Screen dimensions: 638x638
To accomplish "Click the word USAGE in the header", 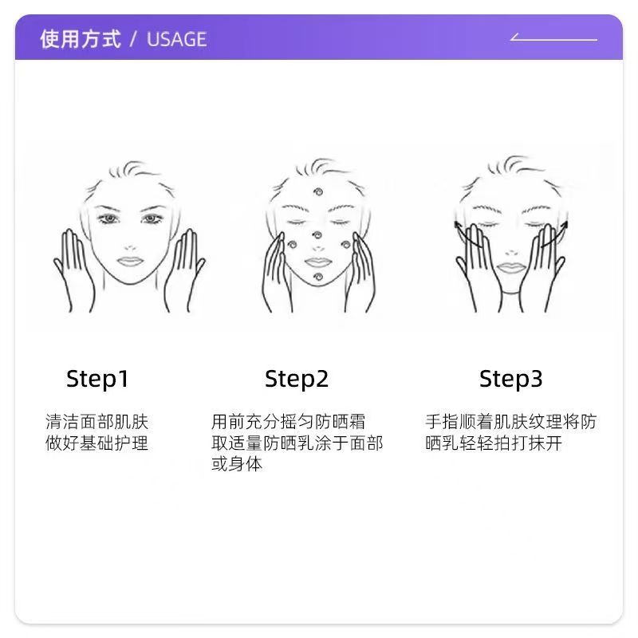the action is (x=176, y=39).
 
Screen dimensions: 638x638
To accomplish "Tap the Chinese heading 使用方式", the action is (x=81, y=39).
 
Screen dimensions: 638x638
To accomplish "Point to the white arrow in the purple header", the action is (x=553, y=37).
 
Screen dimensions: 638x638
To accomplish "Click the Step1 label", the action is (x=97, y=380).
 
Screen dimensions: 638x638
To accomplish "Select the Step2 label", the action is (x=296, y=380).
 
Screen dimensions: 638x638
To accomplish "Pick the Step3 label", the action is (x=510, y=380).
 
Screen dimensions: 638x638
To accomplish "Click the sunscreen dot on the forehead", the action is (x=317, y=191).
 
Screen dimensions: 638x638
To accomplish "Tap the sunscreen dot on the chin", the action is (x=318, y=278).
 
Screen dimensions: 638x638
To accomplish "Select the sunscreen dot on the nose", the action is (x=317, y=235).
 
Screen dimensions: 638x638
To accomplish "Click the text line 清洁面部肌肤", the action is (x=96, y=422).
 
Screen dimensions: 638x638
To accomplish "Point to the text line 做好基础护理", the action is (x=96, y=443).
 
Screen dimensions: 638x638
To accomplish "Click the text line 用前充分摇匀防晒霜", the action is (x=288, y=422).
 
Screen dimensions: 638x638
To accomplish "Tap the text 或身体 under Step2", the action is (x=237, y=464).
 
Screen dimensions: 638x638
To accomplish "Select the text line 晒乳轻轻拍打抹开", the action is (x=494, y=443).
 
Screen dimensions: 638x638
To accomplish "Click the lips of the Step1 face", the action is (x=130, y=262).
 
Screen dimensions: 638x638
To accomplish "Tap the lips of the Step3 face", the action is (x=511, y=267).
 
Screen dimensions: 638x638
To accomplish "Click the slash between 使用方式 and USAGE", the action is (x=133, y=39).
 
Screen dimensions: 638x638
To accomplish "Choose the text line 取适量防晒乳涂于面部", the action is (x=297, y=443).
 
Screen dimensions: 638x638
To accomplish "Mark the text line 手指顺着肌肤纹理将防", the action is (x=510, y=422).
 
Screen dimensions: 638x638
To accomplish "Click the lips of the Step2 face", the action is (x=317, y=262).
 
